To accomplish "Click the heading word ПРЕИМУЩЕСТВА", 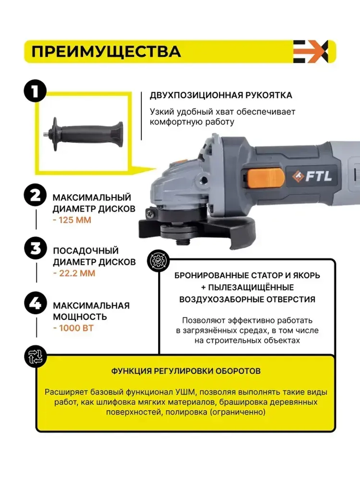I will [x=106, y=51].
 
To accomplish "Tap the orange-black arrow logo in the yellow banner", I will [x=310, y=51].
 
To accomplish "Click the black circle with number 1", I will [x=35, y=91].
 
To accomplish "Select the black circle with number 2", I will [x=35, y=195].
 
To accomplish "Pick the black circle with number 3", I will [x=35, y=248].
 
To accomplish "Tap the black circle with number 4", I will [x=35, y=303].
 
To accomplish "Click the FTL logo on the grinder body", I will [x=312, y=176].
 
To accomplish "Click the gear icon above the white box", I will [x=158, y=260].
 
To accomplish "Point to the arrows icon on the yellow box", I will [x=35, y=356].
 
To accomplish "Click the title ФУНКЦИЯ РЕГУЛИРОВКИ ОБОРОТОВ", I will [x=185, y=371].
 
